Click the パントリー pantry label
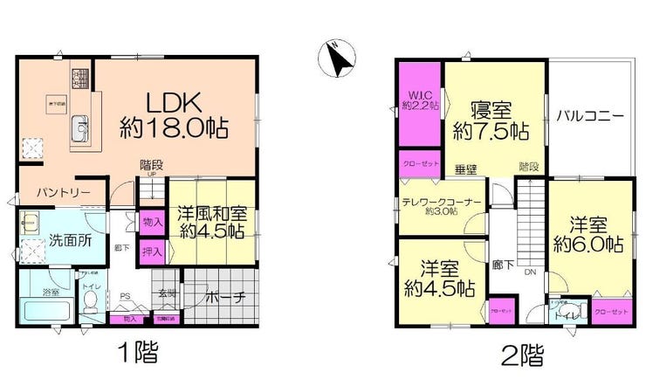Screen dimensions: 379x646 [58, 190]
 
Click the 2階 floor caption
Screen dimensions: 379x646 [520, 354]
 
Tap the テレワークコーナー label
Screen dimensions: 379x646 [441, 202]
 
